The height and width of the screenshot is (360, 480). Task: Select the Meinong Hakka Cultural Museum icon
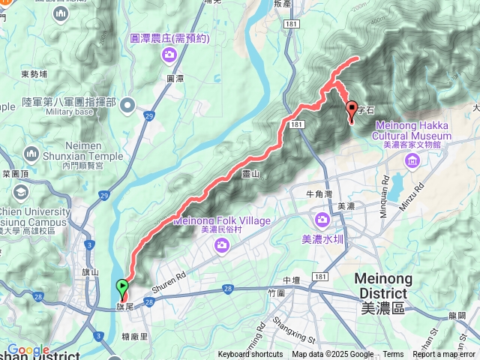pyautogui.click(x=412, y=160)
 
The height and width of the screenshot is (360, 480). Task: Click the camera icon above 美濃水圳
pyautogui.click(x=322, y=220)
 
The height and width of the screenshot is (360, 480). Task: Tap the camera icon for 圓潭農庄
pyautogui.click(x=170, y=54)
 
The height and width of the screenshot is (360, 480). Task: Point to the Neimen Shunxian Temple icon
pyautogui.click(x=31, y=154)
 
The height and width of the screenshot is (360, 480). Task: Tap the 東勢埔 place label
pyautogui.click(x=34, y=74)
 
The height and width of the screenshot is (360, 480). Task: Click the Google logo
pyautogui.click(x=28, y=349)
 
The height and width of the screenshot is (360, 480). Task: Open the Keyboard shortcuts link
pyautogui.click(x=250, y=355)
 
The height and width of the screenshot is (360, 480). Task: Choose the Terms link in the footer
pyautogui.click(x=393, y=355)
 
